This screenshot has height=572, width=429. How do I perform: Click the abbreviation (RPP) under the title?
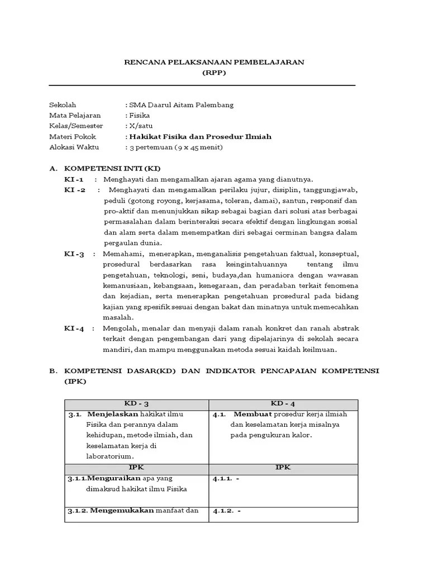214,73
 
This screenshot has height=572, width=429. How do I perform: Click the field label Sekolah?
63,104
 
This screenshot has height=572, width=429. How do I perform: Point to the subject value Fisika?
140,115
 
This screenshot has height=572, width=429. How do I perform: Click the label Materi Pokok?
73,136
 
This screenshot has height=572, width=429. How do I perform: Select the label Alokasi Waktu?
74,147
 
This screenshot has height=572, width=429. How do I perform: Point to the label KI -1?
74,179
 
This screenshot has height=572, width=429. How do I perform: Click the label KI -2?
75,190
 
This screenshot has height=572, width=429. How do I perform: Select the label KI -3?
74,254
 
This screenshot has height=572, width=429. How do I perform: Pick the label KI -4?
74,328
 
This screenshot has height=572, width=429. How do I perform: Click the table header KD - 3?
137,403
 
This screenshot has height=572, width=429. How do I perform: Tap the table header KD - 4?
283,403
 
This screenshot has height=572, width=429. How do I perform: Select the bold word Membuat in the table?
252,414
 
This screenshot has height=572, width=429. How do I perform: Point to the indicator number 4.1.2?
222,510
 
